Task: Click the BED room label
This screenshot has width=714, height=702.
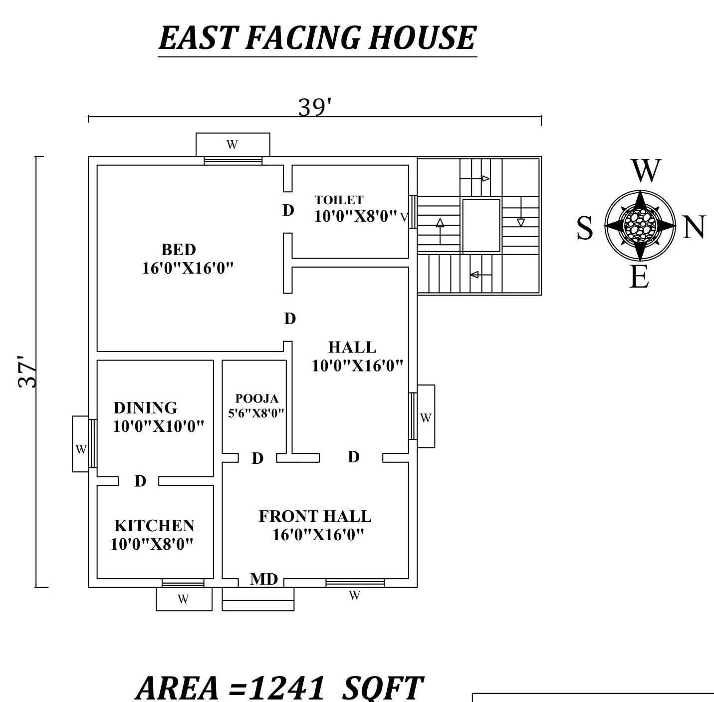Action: click(x=178, y=249)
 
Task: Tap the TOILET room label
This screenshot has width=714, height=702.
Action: click(x=339, y=200)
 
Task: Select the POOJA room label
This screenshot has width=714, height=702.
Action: click(x=256, y=398)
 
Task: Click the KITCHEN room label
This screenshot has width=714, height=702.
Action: click(x=154, y=525)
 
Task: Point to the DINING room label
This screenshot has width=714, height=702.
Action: click(x=145, y=407)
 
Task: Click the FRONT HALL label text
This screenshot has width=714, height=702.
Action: click(x=315, y=516)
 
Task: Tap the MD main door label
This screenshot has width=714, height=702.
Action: click(x=263, y=579)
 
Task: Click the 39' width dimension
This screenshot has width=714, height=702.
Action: click(x=315, y=107)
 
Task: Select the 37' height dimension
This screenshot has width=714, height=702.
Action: click(x=27, y=371)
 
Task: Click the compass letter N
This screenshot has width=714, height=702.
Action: click(x=694, y=227)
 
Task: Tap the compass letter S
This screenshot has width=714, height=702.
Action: click(x=585, y=228)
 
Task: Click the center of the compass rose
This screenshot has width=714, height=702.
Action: click(x=640, y=225)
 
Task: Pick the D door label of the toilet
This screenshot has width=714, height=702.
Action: click(x=288, y=210)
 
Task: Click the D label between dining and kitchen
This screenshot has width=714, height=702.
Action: click(x=140, y=481)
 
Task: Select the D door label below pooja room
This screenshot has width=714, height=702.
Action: click(x=257, y=458)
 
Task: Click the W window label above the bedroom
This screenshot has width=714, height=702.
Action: click(x=232, y=145)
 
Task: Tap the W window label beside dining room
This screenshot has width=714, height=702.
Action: click(x=81, y=449)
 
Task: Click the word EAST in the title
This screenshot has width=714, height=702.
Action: click(x=198, y=38)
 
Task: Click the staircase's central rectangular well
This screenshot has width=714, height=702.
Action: click(x=481, y=225)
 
